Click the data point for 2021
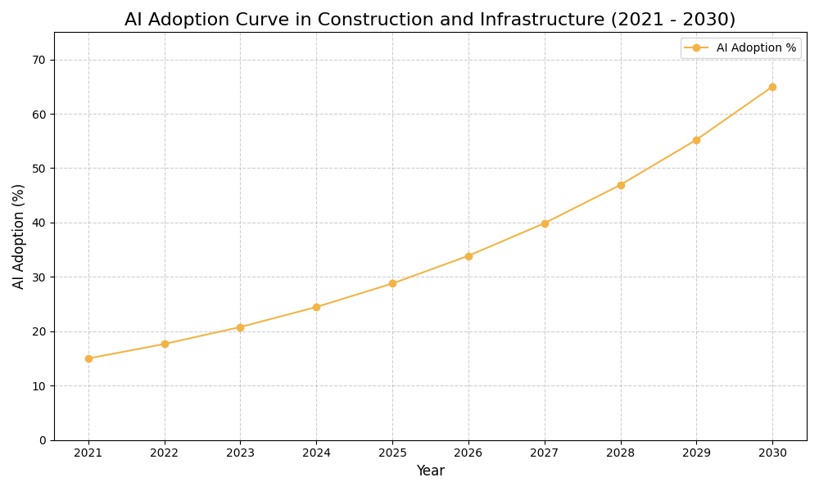tap(88, 358)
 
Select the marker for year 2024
tap(316, 307)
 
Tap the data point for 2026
tap(468, 256)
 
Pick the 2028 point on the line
tap(621, 185)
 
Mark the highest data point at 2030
tap(772, 87)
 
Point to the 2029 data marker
tap(696, 140)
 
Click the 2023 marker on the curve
tap(240, 327)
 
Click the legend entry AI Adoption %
tap(755, 48)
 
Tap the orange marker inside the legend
tap(696, 48)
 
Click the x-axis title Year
tap(430, 471)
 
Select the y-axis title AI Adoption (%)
tap(19, 236)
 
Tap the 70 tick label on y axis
tap(39, 60)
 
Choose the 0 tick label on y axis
tap(43, 440)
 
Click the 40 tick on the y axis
tap(39, 223)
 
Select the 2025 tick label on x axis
tap(392, 453)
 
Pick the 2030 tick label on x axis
tap(772, 453)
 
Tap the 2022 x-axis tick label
tap(165, 453)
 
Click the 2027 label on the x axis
tap(545, 453)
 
